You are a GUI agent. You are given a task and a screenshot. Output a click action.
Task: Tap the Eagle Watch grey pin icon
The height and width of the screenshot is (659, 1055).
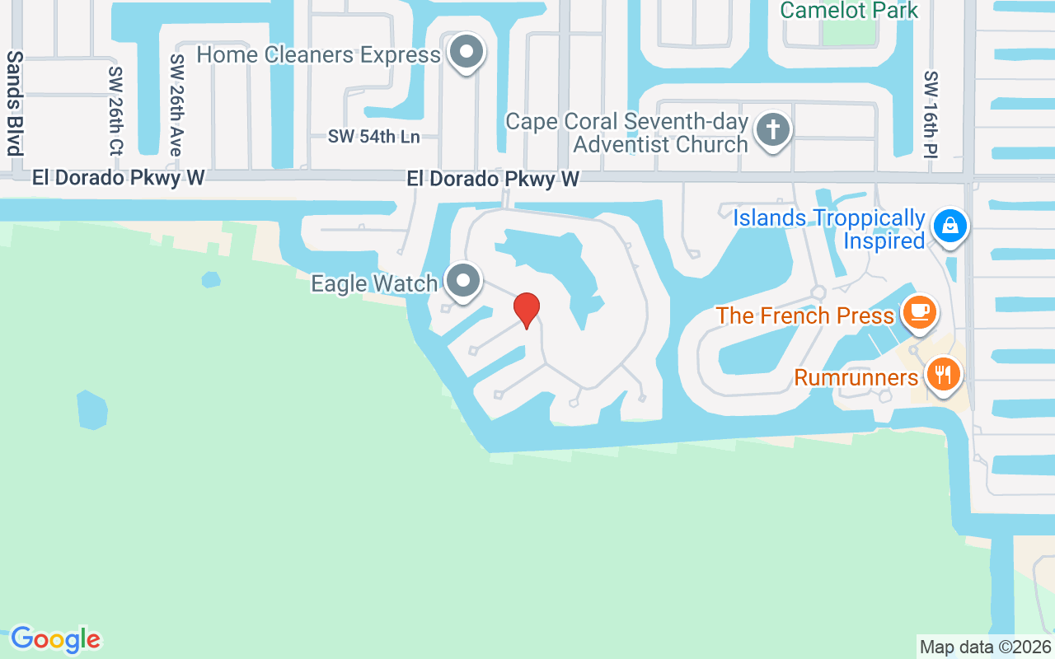pos(464,281)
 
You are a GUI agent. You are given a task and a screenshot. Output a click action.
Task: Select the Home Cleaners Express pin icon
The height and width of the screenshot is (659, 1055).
pos(467,52)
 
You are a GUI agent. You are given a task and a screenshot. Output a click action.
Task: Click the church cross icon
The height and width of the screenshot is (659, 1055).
pos(772,130)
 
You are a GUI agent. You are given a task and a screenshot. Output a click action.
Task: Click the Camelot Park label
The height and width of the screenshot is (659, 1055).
pos(849,11)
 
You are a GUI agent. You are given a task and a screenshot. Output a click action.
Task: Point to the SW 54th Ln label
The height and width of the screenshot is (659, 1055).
pos(373,137)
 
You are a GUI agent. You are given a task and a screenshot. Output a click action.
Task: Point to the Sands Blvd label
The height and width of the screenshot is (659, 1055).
pos(14,103)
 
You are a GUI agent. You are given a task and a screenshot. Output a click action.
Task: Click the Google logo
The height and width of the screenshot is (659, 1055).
pos(55,639)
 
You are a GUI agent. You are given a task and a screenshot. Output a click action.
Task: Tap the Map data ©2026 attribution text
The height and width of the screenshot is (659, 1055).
pos(986,647)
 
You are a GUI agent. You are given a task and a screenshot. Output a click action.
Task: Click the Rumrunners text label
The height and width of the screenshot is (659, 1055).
pos(856,377)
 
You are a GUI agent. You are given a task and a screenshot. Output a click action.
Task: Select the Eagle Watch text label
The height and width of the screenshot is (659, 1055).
pos(374,283)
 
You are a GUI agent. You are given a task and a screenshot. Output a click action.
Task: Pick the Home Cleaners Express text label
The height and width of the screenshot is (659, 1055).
pos(319,55)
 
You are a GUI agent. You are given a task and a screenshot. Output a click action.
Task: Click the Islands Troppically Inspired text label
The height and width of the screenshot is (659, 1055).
pos(829,230)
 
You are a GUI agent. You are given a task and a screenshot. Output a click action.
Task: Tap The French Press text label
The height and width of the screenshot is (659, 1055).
pos(804,315)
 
